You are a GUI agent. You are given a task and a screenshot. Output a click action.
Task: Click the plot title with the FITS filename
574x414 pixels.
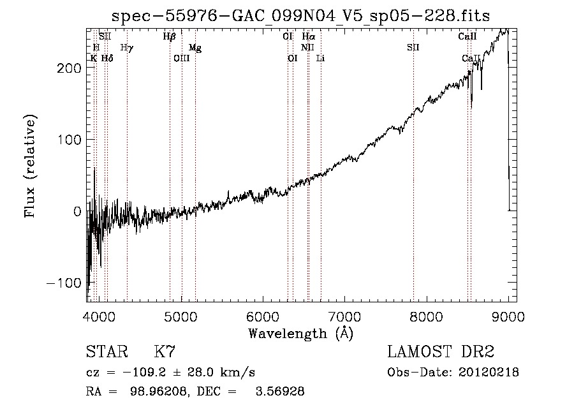click(301, 15)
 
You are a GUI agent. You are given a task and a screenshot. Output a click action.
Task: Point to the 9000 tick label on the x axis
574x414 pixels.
click(508, 315)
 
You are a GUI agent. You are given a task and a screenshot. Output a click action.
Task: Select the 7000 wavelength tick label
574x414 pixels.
click(344, 315)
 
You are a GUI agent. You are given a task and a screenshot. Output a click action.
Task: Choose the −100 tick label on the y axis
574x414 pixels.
click(63, 283)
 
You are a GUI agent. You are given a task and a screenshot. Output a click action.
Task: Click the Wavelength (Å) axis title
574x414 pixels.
click(300, 333)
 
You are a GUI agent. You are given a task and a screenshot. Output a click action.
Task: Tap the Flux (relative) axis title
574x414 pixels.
click(30, 166)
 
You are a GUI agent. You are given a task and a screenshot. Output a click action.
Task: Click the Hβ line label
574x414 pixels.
click(169, 37)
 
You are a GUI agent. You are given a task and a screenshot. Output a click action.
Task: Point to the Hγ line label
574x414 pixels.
click(126, 47)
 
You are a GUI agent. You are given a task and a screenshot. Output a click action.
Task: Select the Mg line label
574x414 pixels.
click(195, 48)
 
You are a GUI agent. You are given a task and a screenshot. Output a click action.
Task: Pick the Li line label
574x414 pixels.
click(320, 58)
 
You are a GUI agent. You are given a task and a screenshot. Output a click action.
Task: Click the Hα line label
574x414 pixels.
click(308, 37)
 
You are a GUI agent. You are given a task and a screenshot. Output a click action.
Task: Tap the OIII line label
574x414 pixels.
click(182, 58)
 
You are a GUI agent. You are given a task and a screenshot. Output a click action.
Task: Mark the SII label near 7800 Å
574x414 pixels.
click(413, 48)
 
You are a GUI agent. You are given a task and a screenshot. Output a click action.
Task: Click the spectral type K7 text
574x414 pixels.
click(165, 352)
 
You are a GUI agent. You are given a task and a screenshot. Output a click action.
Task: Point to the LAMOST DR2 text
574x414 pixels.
click(441, 352)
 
